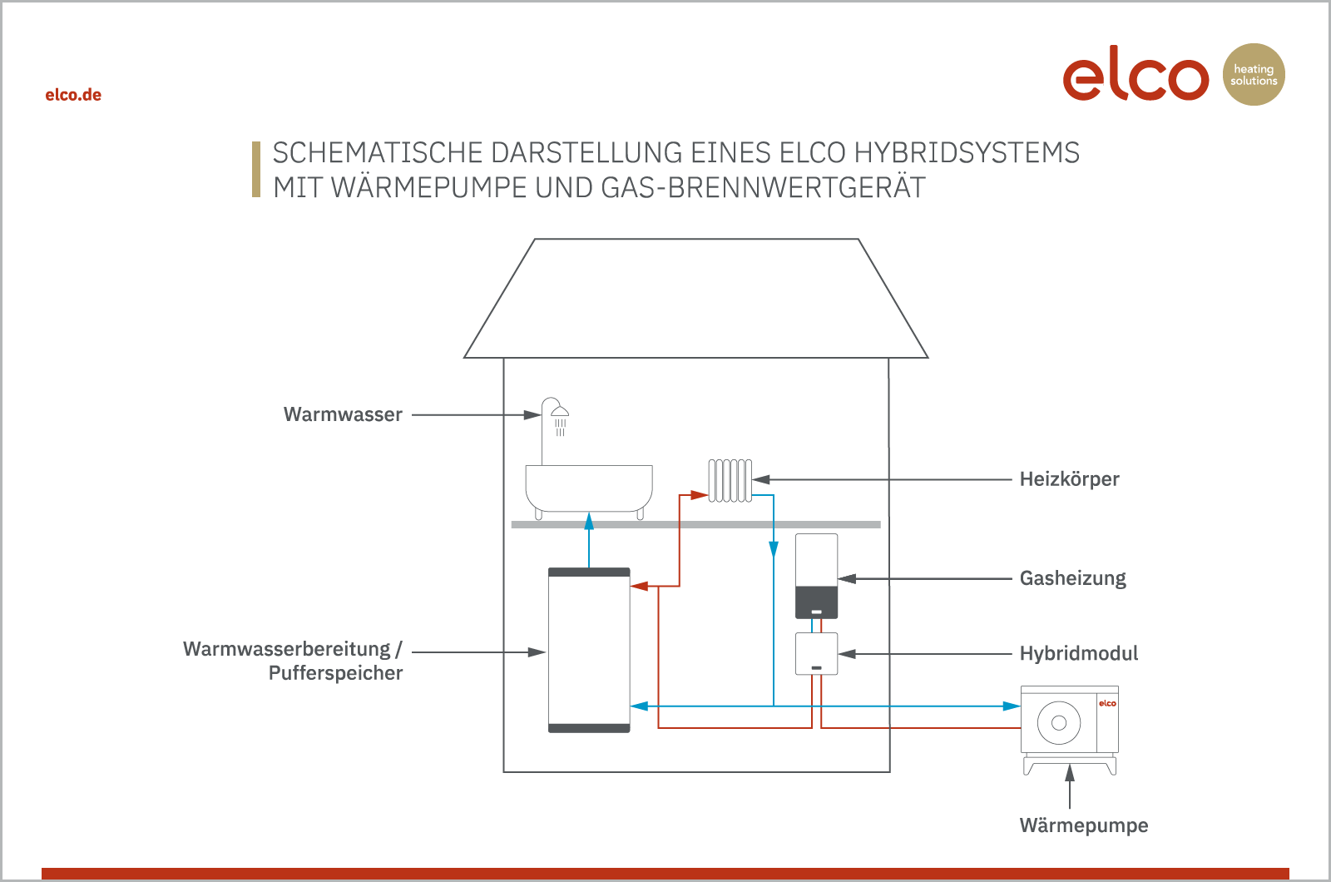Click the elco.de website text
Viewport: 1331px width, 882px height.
click(x=73, y=95)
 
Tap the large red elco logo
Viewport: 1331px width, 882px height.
click(x=1136, y=73)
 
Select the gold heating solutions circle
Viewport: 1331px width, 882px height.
click(x=1254, y=74)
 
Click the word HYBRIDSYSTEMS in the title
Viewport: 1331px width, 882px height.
click(x=967, y=153)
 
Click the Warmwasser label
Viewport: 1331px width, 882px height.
click(x=343, y=414)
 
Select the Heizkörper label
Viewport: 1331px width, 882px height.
click(x=1070, y=479)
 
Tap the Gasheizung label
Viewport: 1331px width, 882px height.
click(x=1073, y=578)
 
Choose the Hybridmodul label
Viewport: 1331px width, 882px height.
click(x=1079, y=653)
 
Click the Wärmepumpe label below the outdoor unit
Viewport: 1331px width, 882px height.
click(x=1084, y=825)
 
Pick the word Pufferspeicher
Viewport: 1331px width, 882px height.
click(x=336, y=673)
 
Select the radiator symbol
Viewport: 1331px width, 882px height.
click(x=730, y=480)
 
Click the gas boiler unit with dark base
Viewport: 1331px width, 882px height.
click(x=816, y=576)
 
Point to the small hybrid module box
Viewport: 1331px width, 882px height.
click(x=816, y=654)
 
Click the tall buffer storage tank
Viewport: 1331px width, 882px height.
click(x=589, y=650)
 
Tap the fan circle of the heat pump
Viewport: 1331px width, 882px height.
click(x=1059, y=723)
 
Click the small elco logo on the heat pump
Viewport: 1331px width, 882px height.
click(x=1107, y=704)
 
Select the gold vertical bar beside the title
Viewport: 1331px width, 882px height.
click(x=256, y=170)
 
